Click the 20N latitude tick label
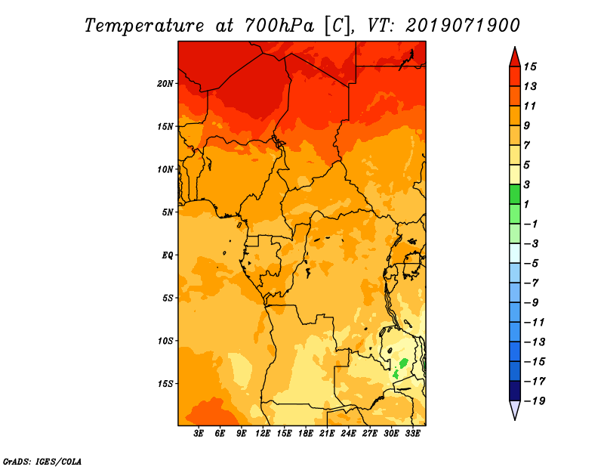click(165, 84)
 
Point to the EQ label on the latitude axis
click(168, 255)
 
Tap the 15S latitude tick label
click(165, 384)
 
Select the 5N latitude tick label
click(168, 212)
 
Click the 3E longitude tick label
click(199, 434)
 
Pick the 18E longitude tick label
click(306, 434)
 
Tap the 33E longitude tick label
click(412, 434)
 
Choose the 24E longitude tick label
click(348, 434)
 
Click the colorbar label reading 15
click(530, 66)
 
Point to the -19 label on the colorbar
click(535, 401)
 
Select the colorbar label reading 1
click(526, 204)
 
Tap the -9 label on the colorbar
click(532, 303)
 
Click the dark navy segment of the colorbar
click(515, 391)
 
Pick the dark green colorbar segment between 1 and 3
click(515, 194)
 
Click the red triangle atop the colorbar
click(515, 58)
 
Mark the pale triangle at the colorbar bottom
click(515, 409)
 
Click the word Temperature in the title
click(144, 26)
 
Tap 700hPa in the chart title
click(279, 26)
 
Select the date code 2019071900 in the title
click(463, 26)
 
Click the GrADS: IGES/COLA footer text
click(42, 462)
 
